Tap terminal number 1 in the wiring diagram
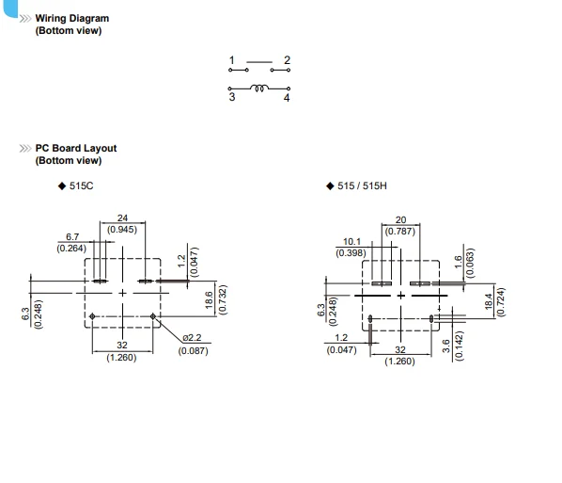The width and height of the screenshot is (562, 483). (x=232, y=60)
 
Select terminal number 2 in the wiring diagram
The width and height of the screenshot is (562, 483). (x=287, y=60)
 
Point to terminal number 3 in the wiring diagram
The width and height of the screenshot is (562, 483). (x=232, y=97)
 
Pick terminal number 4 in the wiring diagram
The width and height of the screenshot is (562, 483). (x=287, y=98)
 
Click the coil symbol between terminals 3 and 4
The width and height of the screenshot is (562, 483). (x=259, y=88)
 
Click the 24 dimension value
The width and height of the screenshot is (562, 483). (x=122, y=218)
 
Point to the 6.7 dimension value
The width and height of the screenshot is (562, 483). (x=72, y=237)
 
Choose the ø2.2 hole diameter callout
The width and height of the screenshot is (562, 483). (x=192, y=338)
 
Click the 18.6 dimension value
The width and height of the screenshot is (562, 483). (x=209, y=300)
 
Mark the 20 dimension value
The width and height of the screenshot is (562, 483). (x=400, y=219)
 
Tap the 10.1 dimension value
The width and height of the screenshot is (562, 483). (x=352, y=242)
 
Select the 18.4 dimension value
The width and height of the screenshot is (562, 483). (x=489, y=301)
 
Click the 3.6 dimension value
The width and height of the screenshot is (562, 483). (x=445, y=346)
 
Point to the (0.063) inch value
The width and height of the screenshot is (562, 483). (x=470, y=263)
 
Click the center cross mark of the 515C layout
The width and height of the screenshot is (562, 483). (x=122, y=294)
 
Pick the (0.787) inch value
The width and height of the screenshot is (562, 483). (x=400, y=232)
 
